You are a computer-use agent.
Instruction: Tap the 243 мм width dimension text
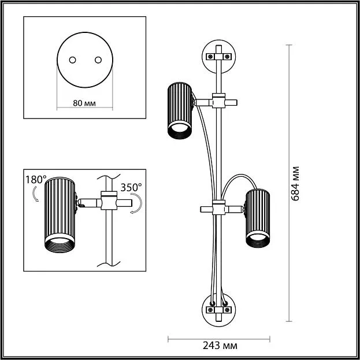[220, 346]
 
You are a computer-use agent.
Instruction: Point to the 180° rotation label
[35, 180]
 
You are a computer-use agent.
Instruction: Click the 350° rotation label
[131, 188]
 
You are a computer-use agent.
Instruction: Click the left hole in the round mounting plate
[73, 60]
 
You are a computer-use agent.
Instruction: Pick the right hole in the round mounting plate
[97, 60]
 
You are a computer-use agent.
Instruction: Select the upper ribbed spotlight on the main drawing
[180, 110]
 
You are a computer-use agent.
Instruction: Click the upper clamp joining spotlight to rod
[218, 102]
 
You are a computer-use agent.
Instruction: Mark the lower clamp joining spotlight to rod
[218, 208]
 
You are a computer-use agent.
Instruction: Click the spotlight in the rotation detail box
[61, 214]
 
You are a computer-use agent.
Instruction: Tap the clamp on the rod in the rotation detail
[108, 202]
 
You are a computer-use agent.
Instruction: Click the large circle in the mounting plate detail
[85, 60]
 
